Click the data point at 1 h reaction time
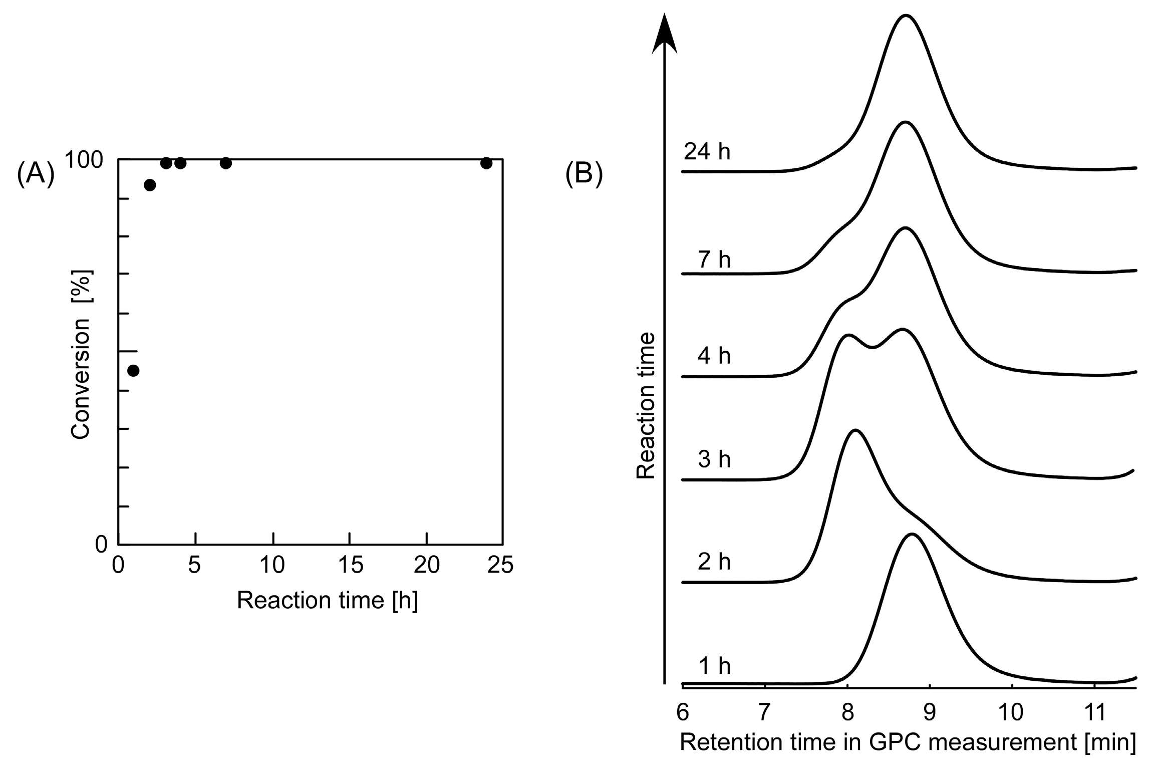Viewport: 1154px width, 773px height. coord(133,371)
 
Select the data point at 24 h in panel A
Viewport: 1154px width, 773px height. coord(486,163)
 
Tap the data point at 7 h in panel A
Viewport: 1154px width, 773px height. coord(226,163)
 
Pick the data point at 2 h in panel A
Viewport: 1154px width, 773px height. coord(150,185)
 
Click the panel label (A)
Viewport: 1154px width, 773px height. coord(35,174)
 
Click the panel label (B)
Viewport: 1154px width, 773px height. coord(584,174)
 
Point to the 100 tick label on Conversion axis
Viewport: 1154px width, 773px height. coord(84,160)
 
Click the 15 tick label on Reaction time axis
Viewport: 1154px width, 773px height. coord(350,565)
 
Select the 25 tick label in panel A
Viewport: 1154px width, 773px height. coord(500,565)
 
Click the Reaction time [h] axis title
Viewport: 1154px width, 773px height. coord(327,600)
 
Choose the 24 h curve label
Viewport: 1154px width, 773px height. coord(707,151)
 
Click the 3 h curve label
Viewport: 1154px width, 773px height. coord(714,459)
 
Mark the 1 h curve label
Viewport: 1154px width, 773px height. coord(714,666)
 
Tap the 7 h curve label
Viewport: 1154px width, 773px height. coord(714,260)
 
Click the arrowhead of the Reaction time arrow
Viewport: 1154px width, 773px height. coord(664,35)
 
